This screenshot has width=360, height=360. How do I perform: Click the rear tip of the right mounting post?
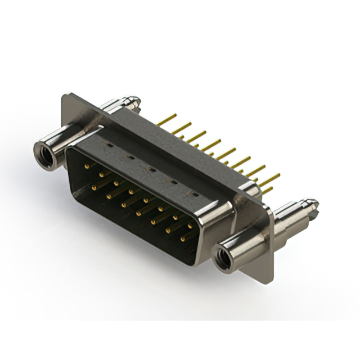coord(313,204)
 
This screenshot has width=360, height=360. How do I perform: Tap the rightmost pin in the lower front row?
coord(182,238)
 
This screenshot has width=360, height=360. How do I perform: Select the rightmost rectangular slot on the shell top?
coord(195,194)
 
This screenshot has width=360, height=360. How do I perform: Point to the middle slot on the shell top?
coord(150,169)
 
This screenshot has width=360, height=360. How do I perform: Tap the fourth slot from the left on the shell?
coord(173,182)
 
